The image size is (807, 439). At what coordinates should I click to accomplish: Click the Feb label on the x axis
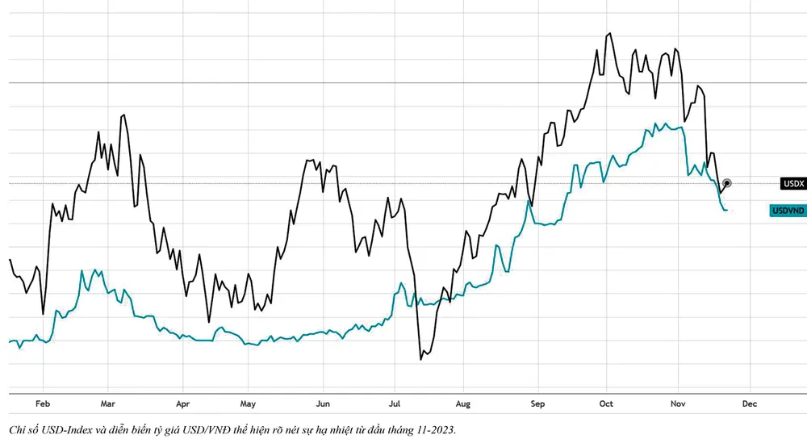(x=43, y=403)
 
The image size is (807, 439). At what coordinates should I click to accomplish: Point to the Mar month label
(x=109, y=403)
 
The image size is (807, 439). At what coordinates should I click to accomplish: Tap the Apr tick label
(x=182, y=403)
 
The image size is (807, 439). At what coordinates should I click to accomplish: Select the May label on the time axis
(x=249, y=403)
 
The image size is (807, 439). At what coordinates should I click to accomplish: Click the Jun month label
(x=323, y=403)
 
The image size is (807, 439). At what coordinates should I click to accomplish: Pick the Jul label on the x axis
(x=395, y=403)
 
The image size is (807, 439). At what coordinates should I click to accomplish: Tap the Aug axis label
(x=463, y=403)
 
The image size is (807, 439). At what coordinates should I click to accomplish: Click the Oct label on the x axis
(x=606, y=403)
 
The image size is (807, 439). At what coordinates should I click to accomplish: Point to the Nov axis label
(x=678, y=403)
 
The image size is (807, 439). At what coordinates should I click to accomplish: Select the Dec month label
(x=750, y=403)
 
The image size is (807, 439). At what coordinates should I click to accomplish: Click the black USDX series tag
(x=793, y=184)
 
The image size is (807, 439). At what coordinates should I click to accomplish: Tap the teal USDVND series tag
(x=788, y=211)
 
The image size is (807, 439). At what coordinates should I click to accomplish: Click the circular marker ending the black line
(x=727, y=183)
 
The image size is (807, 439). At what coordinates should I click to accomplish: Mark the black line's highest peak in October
(x=610, y=33)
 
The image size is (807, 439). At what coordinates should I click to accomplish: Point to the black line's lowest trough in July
(x=421, y=359)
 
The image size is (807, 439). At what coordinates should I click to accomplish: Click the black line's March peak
(x=123, y=115)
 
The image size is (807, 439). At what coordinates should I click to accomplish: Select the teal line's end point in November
(x=727, y=211)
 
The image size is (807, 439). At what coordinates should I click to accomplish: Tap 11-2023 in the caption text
(x=433, y=429)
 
